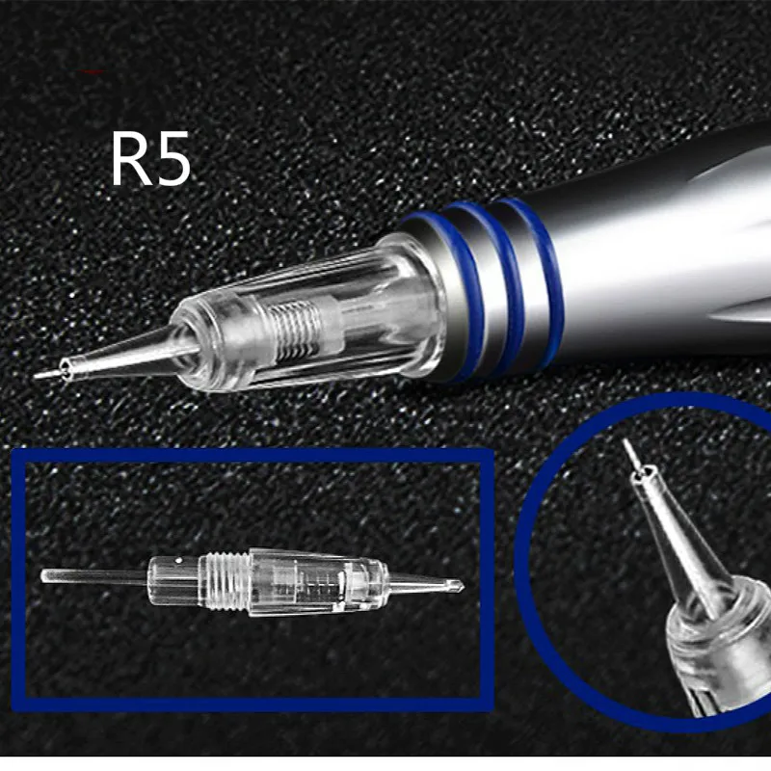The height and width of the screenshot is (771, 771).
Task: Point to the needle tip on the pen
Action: (39, 375)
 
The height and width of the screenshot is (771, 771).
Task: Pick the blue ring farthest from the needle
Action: (545, 275)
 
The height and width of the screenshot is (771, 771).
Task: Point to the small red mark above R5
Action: (93, 72)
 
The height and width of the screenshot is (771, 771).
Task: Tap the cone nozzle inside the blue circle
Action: (675, 540)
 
